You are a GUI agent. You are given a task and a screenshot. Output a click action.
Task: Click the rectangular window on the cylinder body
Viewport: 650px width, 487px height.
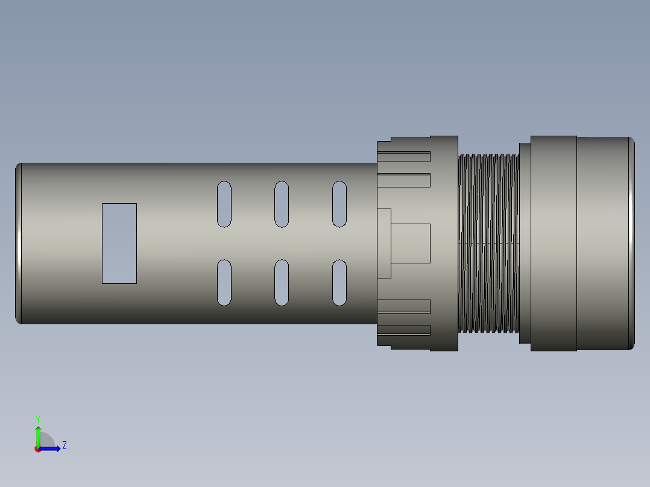(119, 243)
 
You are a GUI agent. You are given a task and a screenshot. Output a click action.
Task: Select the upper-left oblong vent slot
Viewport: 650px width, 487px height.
(224, 204)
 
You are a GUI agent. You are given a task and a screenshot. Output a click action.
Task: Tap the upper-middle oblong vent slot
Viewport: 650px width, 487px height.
(282, 204)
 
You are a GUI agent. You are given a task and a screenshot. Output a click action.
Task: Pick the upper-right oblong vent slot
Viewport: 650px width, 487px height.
(339, 204)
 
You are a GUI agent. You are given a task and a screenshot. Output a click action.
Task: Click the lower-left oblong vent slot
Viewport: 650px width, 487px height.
(224, 282)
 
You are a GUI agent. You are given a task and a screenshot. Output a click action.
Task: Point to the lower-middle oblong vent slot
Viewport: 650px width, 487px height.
(282, 282)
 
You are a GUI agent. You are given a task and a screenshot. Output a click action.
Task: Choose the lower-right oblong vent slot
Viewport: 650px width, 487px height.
(339, 282)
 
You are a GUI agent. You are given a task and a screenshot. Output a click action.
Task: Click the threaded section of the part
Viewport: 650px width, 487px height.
(488, 243)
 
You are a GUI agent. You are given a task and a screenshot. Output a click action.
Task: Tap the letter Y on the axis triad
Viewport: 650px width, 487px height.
(38, 418)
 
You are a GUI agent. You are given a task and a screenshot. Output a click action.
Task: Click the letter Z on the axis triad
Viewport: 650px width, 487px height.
(64, 445)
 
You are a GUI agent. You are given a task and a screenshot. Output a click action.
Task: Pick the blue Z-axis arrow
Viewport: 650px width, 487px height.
(51, 448)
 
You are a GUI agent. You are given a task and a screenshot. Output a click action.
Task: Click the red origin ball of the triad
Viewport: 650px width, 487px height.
(38, 449)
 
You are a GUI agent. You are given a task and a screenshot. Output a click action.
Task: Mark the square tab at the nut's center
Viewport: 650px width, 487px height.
(410, 243)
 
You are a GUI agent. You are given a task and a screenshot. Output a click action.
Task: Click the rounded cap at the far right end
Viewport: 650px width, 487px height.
(604, 243)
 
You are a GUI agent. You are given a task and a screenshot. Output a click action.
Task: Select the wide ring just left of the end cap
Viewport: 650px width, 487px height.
(554, 243)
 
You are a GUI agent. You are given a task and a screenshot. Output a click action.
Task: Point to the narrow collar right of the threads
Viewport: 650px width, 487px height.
(525, 243)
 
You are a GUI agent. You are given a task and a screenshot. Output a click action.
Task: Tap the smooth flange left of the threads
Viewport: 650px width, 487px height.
(444, 243)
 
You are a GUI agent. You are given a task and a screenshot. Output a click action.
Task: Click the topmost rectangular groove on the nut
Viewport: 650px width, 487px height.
(403, 157)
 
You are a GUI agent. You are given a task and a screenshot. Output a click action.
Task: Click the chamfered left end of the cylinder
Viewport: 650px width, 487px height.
(18, 243)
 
